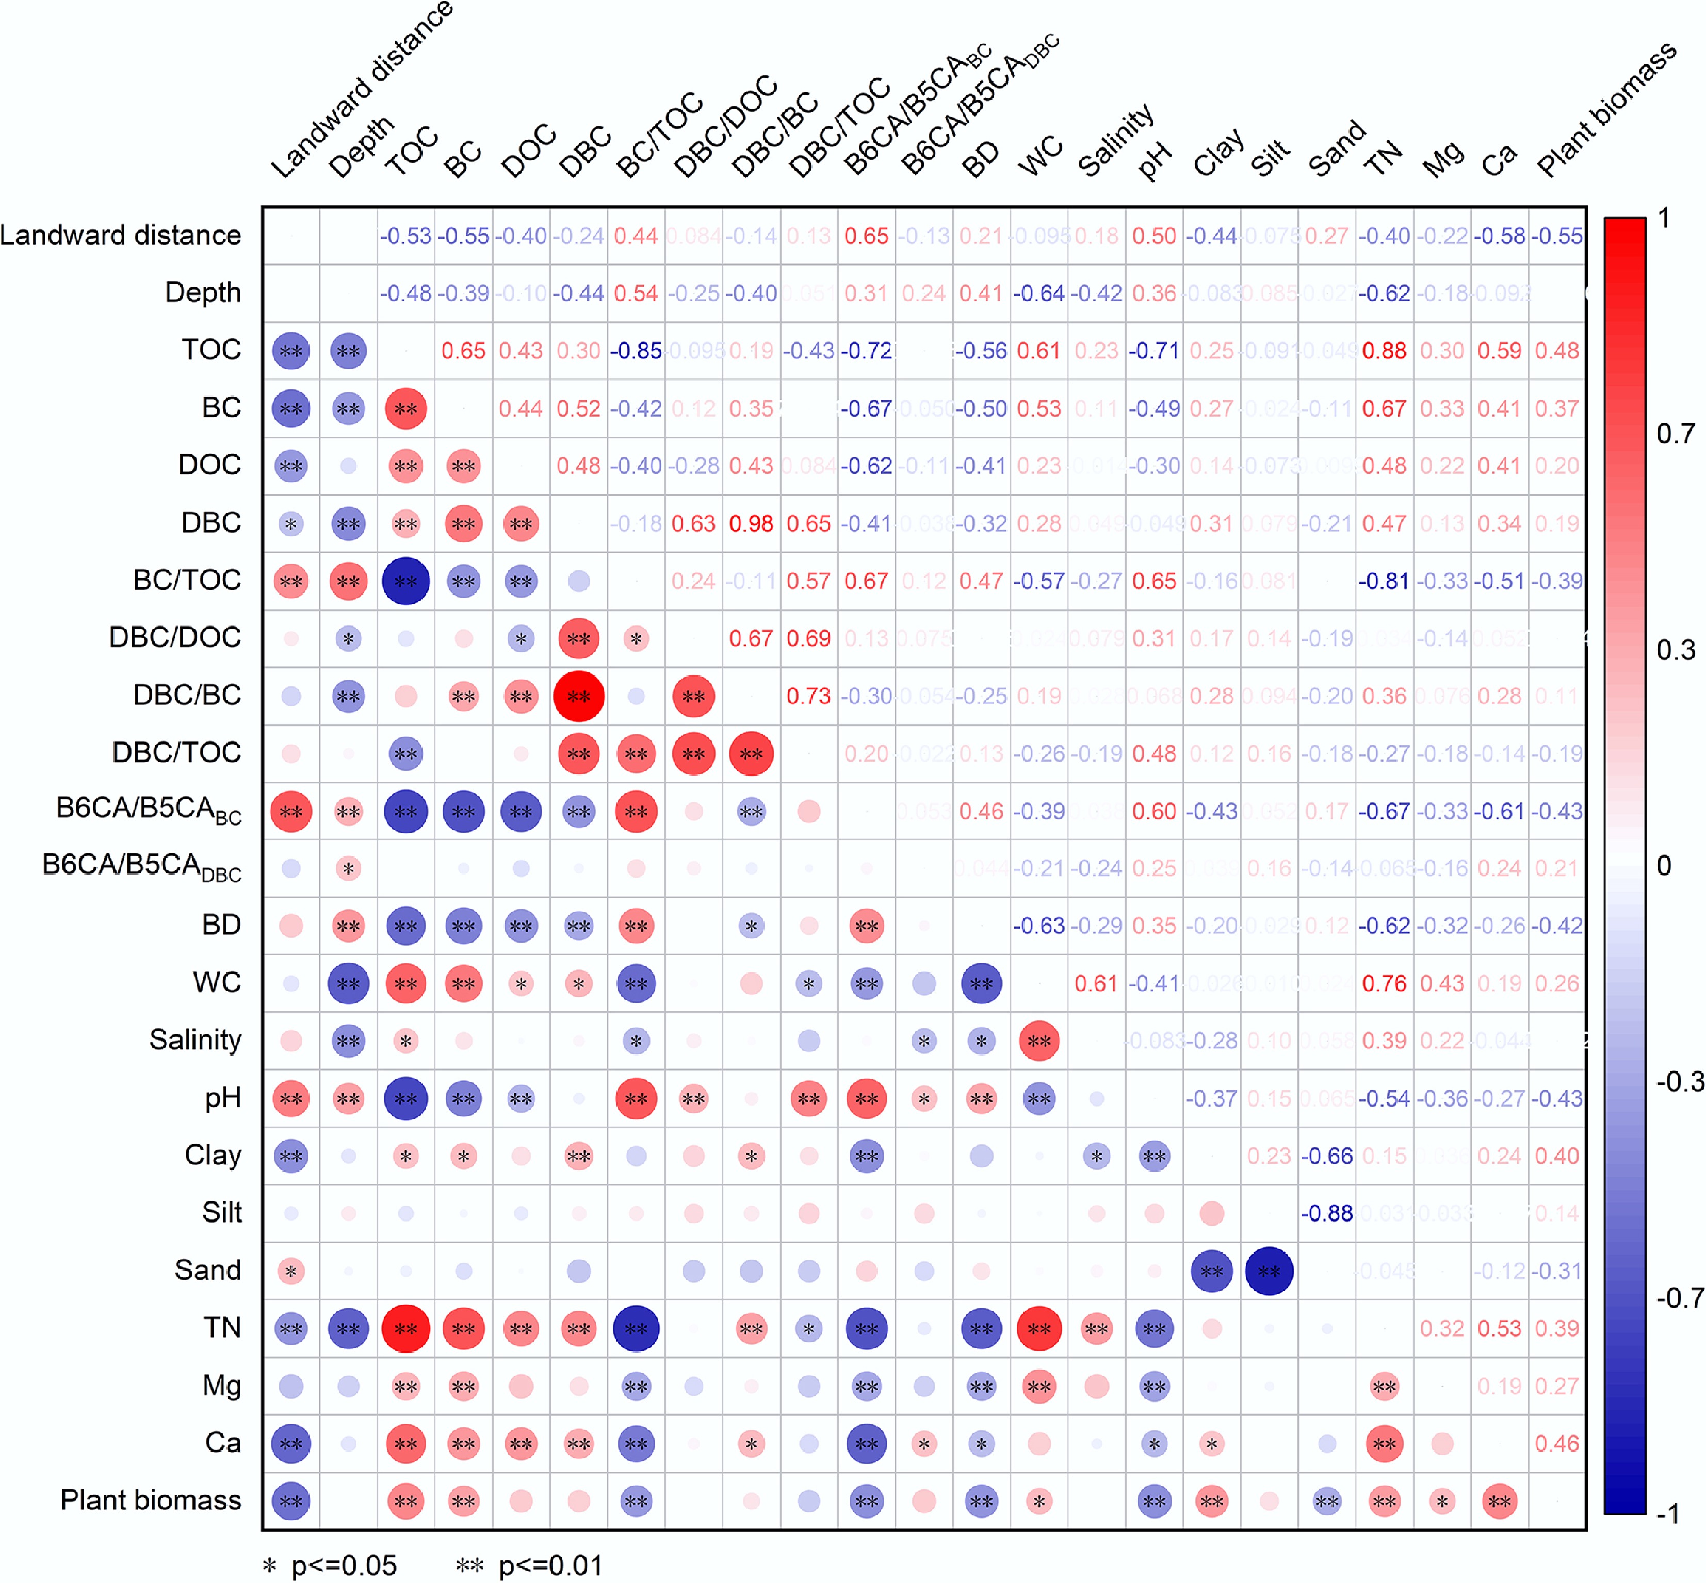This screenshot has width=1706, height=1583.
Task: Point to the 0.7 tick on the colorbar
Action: pyautogui.click(x=1675, y=434)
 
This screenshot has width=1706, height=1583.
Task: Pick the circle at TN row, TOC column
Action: pyautogui.click(x=405, y=1329)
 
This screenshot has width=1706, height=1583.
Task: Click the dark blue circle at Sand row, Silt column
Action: pyautogui.click(x=1269, y=1271)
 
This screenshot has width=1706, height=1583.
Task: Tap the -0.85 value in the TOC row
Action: pyautogui.click(x=636, y=350)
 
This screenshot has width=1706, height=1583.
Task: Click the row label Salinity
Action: pyautogui.click(x=196, y=1040)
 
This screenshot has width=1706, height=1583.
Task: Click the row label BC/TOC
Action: pyautogui.click(x=187, y=580)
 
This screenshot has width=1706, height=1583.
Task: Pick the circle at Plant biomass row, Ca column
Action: pyautogui.click(x=1500, y=1501)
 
